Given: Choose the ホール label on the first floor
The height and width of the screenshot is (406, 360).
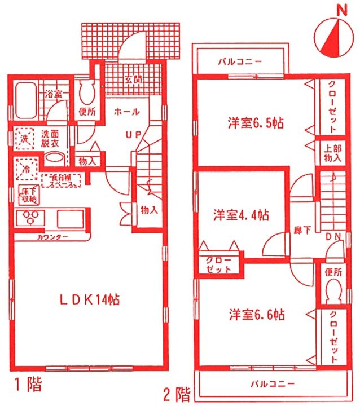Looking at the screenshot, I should [x=126, y=112].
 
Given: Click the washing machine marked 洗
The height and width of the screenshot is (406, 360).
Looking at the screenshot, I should [x=25, y=139].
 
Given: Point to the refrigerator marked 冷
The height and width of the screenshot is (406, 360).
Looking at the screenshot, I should [x=26, y=167].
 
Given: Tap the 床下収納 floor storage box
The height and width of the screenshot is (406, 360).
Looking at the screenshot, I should [x=29, y=194].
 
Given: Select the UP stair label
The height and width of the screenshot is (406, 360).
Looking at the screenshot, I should [x=133, y=135].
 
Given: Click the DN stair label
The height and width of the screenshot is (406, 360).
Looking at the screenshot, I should [x=333, y=237].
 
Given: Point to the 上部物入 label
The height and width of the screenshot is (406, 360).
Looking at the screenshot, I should [x=332, y=153].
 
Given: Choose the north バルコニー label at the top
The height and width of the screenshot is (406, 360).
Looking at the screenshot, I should [x=237, y=63].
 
